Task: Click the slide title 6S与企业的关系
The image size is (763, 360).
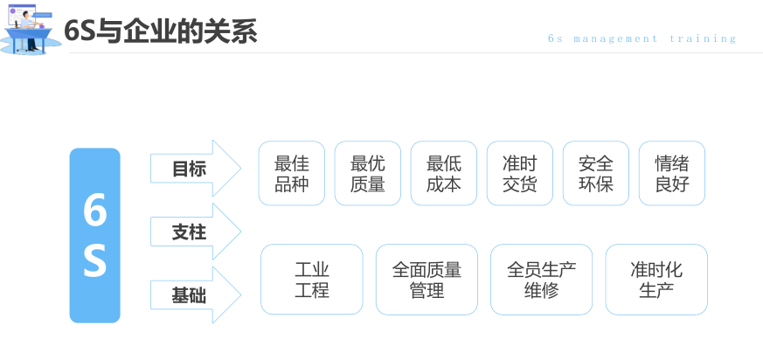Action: (161, 31)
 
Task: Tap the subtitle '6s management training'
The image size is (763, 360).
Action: (642, 38)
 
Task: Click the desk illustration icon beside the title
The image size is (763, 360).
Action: (30, 30)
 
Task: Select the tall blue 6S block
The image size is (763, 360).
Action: (94, 235)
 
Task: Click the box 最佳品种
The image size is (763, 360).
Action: (291, 174)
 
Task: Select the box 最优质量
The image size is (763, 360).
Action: (367, 174)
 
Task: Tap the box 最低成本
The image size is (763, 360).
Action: (443, 174)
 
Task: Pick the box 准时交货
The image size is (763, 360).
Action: (519, 174)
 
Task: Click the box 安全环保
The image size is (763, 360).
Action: (595, 174)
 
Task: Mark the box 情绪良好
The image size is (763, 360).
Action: (671, 174)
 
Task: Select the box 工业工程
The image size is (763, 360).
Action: (311, 280)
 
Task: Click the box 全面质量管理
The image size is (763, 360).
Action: (427, 280)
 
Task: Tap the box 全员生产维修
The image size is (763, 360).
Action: (541, 280)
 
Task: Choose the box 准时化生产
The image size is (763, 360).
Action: (655, 280)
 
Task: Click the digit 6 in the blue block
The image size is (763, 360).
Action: (94, 211)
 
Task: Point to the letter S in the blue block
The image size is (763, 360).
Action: (94, 261)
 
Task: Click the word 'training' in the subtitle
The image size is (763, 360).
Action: (703, 38)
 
